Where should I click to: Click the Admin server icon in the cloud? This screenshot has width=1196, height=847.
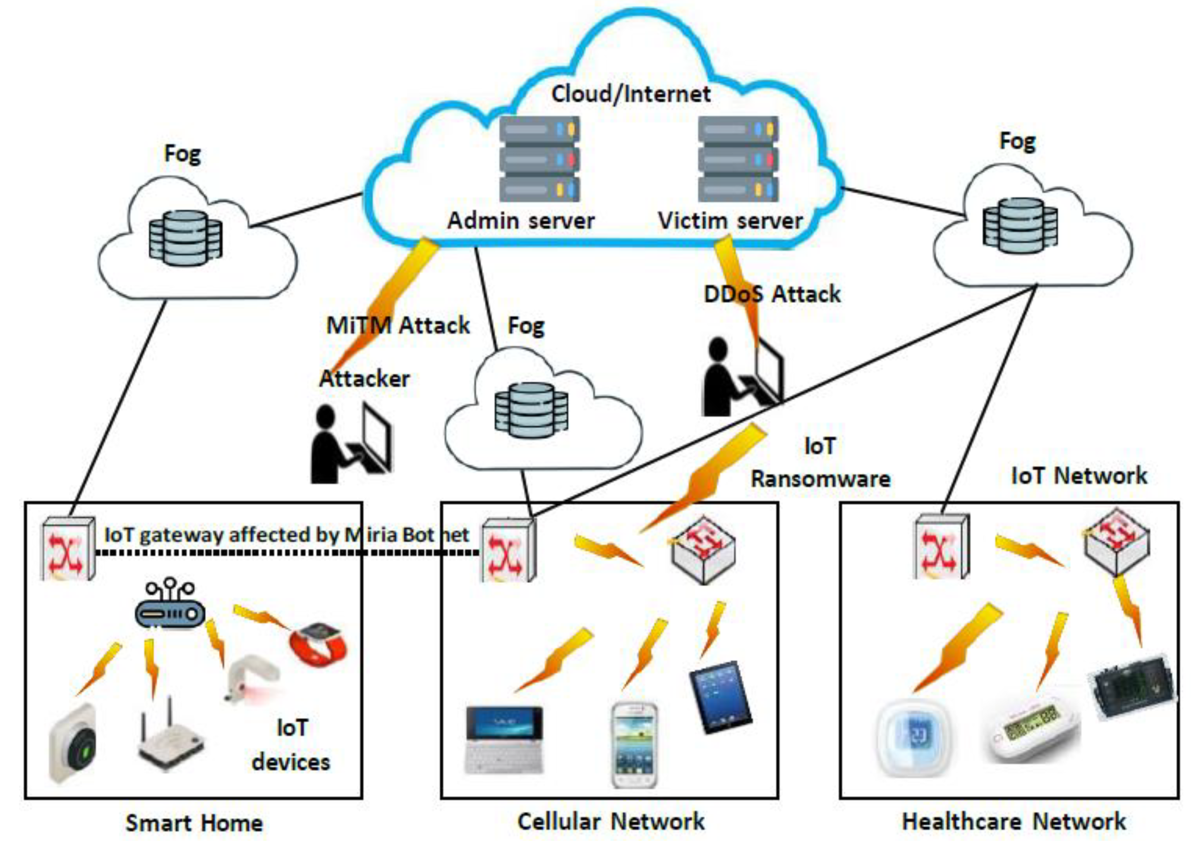point(539,158)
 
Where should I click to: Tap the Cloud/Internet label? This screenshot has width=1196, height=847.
point(631,94)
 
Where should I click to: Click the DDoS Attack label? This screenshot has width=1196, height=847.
point(772,294)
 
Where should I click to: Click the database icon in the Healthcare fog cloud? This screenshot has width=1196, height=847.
point(1020,226)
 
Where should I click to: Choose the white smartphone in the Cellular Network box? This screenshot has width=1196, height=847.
point(634,745)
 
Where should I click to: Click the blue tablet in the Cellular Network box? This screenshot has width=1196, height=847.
point(721,697)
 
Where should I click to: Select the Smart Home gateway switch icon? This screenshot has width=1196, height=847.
point(68,547)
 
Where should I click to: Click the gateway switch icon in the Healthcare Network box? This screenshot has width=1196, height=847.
point(942,547)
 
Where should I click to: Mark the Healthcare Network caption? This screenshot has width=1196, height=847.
point(1014,821)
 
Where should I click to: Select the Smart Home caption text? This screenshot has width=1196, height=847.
point(194,823)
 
